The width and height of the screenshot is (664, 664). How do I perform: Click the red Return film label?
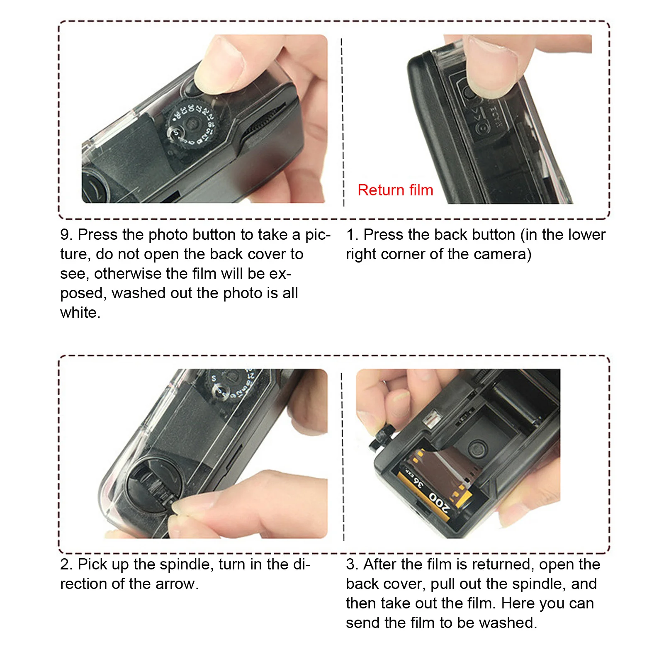tap(395, 190)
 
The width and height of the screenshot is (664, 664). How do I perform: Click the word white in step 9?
tap(80, 313)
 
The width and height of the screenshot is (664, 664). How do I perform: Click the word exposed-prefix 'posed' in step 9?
tap(83, 293)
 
